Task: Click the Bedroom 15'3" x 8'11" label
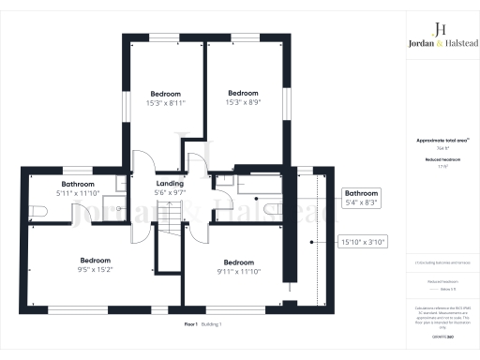[x=166, y=97]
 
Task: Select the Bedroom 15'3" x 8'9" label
[x=243, y=97]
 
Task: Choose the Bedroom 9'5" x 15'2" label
[x=96, y=264]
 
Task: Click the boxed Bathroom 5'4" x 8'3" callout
[x=362, y=197]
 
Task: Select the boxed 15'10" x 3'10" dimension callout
[x=362, y=242]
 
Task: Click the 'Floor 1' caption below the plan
[x=192, y=323]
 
